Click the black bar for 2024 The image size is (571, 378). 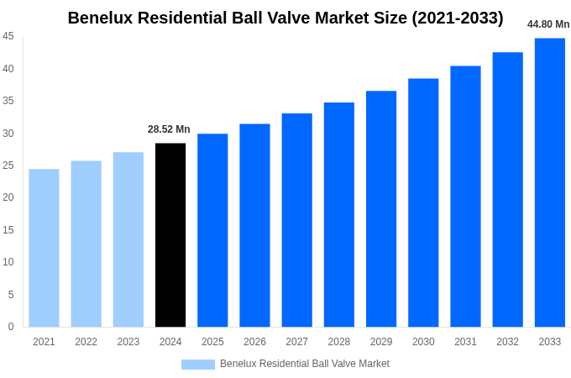coord(170,235)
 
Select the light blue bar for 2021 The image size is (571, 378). coord(44,248)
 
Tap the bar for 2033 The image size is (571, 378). coord(549,182)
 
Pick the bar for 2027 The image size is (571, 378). coord(296,220)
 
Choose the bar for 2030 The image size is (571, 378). coord(423,202)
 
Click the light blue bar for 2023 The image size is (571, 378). coord(128,239)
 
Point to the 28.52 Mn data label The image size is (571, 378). coord(169,129)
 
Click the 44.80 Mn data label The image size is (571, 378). coord(548,24)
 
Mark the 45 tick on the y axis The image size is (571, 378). coord(8,36)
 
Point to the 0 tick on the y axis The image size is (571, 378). coord(11,327)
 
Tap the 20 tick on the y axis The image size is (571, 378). coord(8,197)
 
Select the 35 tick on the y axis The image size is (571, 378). coord(8,101)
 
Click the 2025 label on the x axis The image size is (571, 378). coord(212,342)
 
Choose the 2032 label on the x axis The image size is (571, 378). coord(507,342)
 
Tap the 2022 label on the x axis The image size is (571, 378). coord(86,342)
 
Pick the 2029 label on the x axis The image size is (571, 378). coord(381,342)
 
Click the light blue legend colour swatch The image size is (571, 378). coord(198,364)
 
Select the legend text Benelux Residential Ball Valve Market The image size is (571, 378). coord(305,364)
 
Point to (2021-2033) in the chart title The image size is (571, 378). coord(457,18)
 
